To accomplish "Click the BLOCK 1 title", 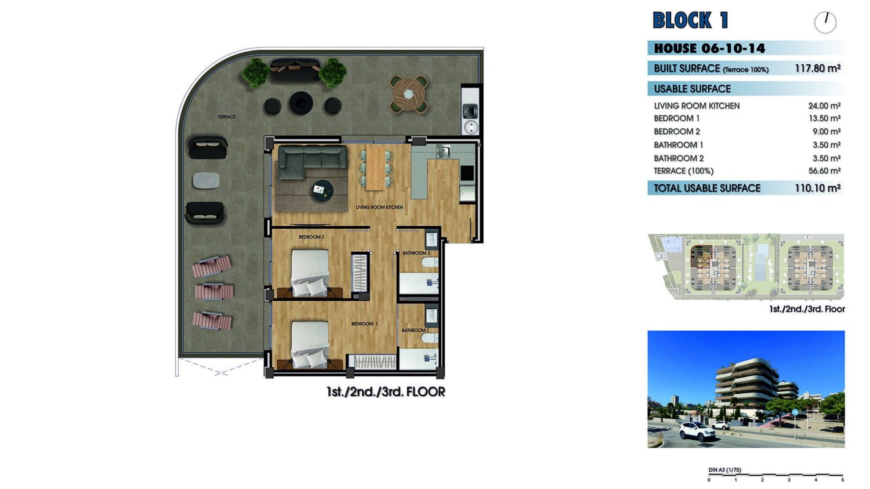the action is coord(690,20).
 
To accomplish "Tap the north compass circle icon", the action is coord(825,23).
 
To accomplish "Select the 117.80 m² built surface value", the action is coord(818,68).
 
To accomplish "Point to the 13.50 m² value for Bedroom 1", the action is coord(825,118).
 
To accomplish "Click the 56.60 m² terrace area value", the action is coord(824,171).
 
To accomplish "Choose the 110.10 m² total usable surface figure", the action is coord(818,188).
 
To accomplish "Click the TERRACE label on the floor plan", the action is coord(226,117).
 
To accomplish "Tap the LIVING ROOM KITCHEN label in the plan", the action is coord(379,208).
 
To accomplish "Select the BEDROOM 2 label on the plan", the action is coord(311,237).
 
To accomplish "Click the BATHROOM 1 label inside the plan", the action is coord(415,330).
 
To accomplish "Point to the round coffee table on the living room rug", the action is coord(322,190).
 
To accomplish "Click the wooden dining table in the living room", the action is coord(376,167).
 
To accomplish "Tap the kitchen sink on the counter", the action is coord(443,151).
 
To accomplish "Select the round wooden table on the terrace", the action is coord(408,95).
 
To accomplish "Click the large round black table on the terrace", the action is coord(301,103).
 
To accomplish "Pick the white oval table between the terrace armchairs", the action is coord(206,180).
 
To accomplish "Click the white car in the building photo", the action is coord(697,431).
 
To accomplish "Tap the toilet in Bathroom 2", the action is coord(430,263).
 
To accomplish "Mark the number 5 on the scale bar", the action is coord(842,480).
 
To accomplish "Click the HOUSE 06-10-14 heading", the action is coord(709,49).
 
